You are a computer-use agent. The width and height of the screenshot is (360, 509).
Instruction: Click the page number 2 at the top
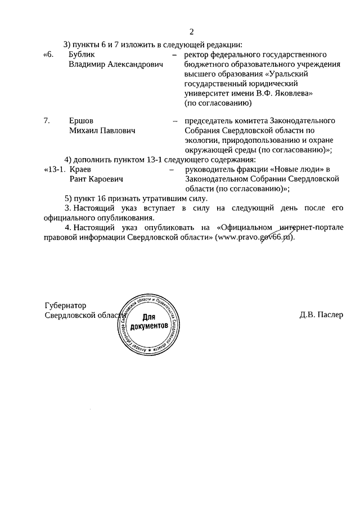pos(191,31)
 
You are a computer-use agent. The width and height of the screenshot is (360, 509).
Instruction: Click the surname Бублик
pos(82,55)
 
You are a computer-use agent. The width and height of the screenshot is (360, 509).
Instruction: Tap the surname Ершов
pos(81,120)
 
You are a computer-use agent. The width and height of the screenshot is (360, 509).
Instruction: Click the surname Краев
pos(80,169)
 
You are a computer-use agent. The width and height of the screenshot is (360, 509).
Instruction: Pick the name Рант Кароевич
pos(96,179)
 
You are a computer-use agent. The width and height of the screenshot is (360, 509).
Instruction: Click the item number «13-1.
pos(55,169)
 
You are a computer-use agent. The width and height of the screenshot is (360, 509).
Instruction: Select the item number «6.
pos(50,55)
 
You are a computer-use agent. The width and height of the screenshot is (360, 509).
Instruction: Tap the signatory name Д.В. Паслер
pos(321,315)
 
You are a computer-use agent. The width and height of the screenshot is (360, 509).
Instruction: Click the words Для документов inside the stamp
pos(148,321)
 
